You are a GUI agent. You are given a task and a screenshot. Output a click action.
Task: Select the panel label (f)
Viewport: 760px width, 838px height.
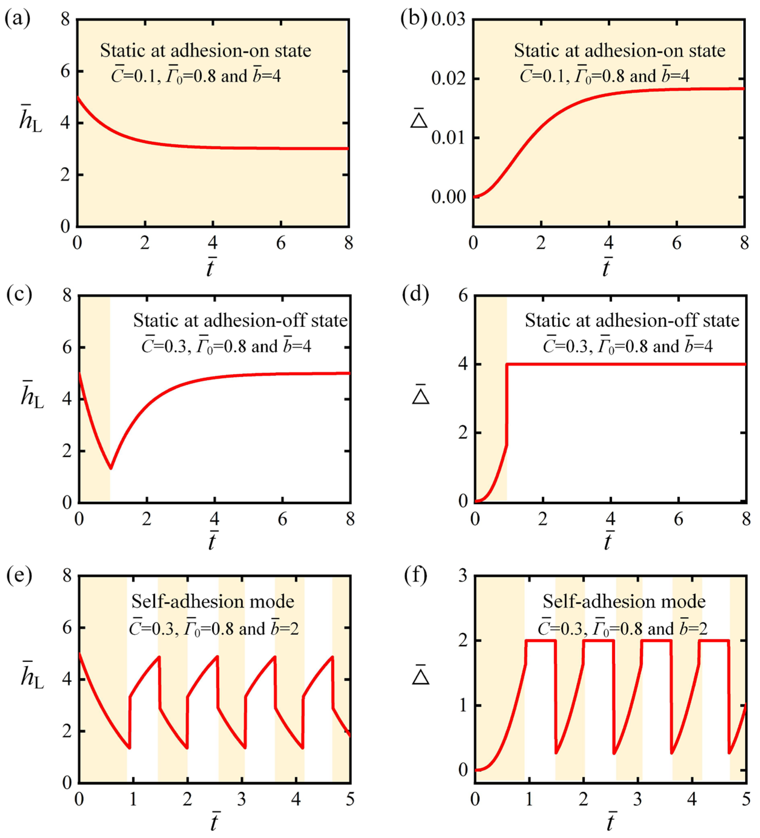tap(416, 576)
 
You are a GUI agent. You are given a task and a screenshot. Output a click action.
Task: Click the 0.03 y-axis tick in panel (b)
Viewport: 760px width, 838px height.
tap(448, 20)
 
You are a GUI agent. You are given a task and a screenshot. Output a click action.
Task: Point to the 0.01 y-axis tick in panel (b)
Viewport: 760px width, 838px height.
tap(448, 138)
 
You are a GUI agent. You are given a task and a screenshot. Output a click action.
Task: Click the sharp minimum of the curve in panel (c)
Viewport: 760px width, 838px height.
tap(111, 468)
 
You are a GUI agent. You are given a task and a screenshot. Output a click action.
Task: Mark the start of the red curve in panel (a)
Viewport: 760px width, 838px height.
tap(78, 97)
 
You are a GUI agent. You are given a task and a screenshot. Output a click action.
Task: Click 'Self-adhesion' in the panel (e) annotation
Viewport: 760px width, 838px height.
tap(179, 602)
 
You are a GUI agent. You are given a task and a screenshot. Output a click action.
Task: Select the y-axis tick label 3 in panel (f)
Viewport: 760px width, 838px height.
tap(462, 576)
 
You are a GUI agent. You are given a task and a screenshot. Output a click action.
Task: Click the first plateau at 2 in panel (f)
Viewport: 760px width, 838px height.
tap(540, 641)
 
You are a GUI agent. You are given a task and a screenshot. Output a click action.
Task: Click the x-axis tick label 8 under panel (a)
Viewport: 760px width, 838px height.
tap(349, 243)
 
